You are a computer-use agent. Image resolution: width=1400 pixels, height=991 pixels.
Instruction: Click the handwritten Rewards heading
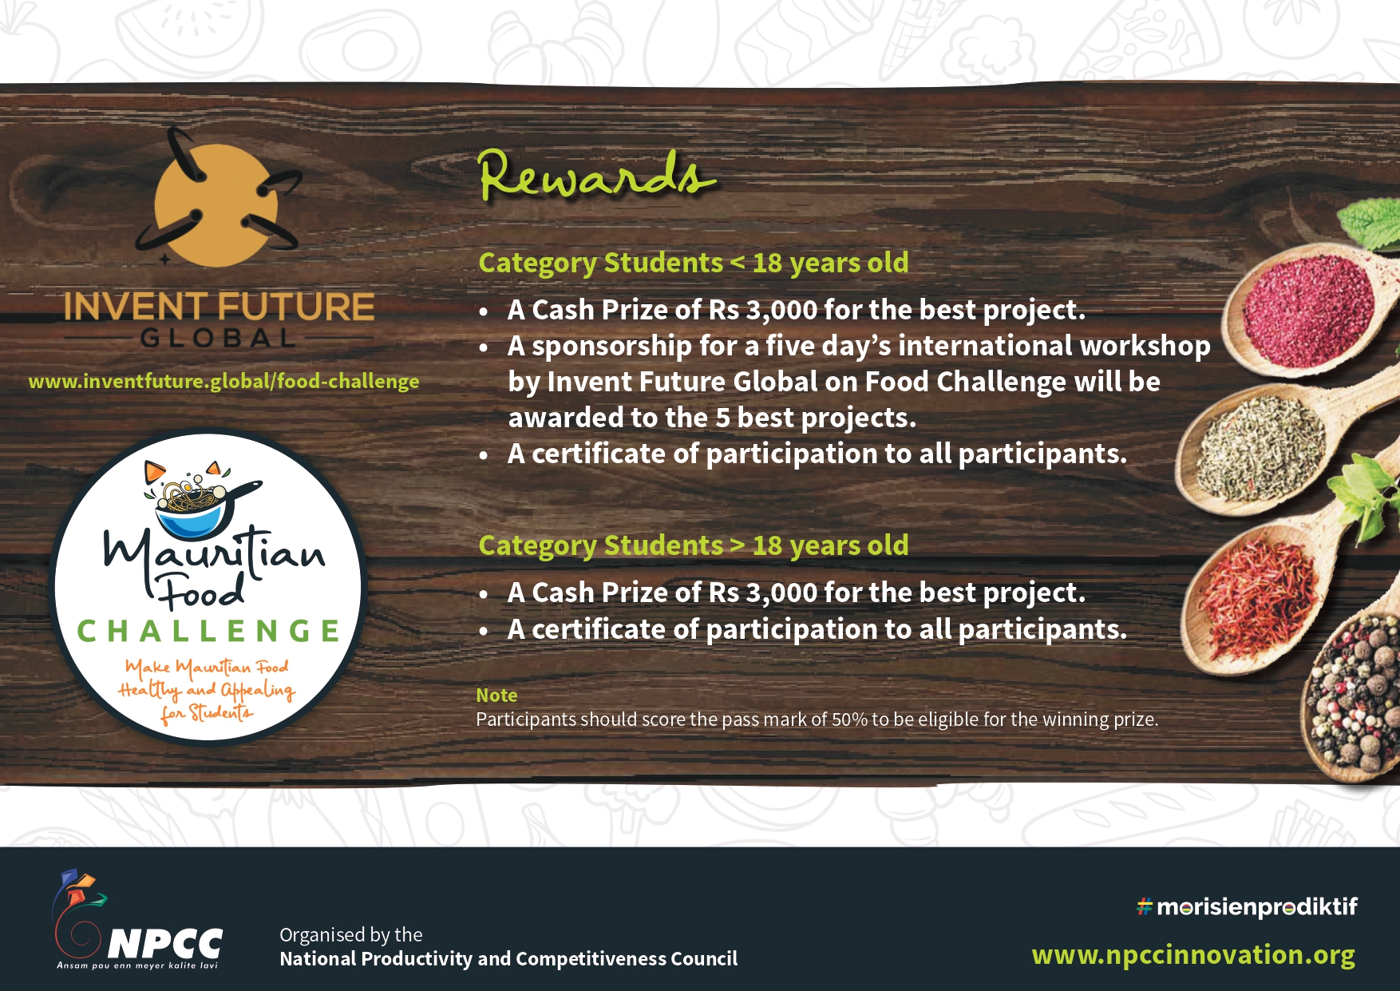(596, 175)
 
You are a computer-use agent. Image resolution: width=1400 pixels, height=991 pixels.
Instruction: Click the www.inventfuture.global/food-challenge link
(223, 382)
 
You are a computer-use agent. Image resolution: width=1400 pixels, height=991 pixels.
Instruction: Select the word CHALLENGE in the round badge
(208, 631)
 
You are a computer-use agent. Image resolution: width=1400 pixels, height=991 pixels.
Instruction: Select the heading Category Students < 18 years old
(694, 263)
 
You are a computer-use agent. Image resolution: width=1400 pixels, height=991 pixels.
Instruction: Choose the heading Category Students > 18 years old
(694, 545)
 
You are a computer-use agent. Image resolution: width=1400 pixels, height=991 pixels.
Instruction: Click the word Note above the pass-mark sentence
(496, 696)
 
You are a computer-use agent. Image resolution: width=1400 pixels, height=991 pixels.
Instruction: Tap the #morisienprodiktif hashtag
(1247, 907)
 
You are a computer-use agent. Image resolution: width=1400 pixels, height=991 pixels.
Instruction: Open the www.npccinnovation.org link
(1193, 955)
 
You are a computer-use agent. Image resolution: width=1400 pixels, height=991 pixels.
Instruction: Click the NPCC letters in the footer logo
(164, 944)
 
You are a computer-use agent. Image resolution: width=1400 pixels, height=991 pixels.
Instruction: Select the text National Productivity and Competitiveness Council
(508, 959)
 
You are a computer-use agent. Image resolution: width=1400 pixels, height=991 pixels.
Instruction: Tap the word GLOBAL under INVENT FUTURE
(219, 339)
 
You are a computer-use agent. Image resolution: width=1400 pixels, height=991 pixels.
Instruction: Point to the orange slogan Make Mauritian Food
(207, 667)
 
